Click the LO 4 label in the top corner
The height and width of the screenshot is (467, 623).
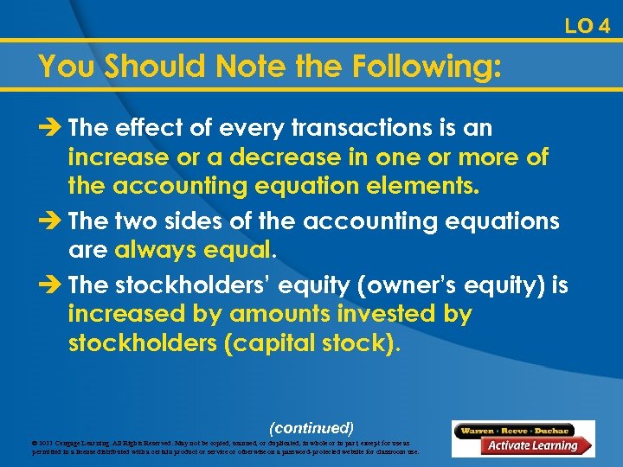(x=588, y=26)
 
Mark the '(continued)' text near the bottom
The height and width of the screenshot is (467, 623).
(x=311, y=427)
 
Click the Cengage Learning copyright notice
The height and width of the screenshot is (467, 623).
(x=225, y=447)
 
